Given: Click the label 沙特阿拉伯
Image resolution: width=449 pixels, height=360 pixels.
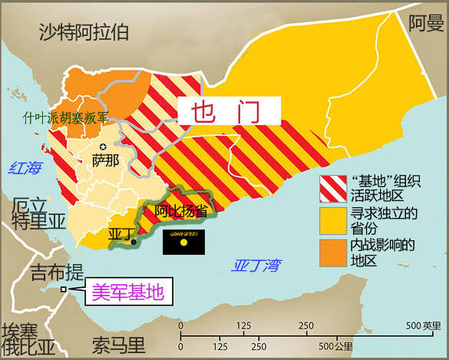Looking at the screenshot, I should click(84, 31).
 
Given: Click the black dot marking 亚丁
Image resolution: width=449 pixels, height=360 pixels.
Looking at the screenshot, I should click(134, 243).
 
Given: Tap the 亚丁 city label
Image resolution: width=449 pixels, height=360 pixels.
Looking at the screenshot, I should click(121, 233).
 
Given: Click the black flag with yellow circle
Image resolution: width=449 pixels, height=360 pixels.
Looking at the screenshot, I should click(184, 242).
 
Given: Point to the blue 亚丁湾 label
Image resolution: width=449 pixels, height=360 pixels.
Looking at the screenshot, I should click(256, 266).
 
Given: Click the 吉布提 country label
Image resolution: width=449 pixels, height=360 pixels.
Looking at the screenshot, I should click(54, 272).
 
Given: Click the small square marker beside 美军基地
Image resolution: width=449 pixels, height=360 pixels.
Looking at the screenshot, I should click(64, 290).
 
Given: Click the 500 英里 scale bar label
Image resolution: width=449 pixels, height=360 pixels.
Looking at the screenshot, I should click(423, 322).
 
